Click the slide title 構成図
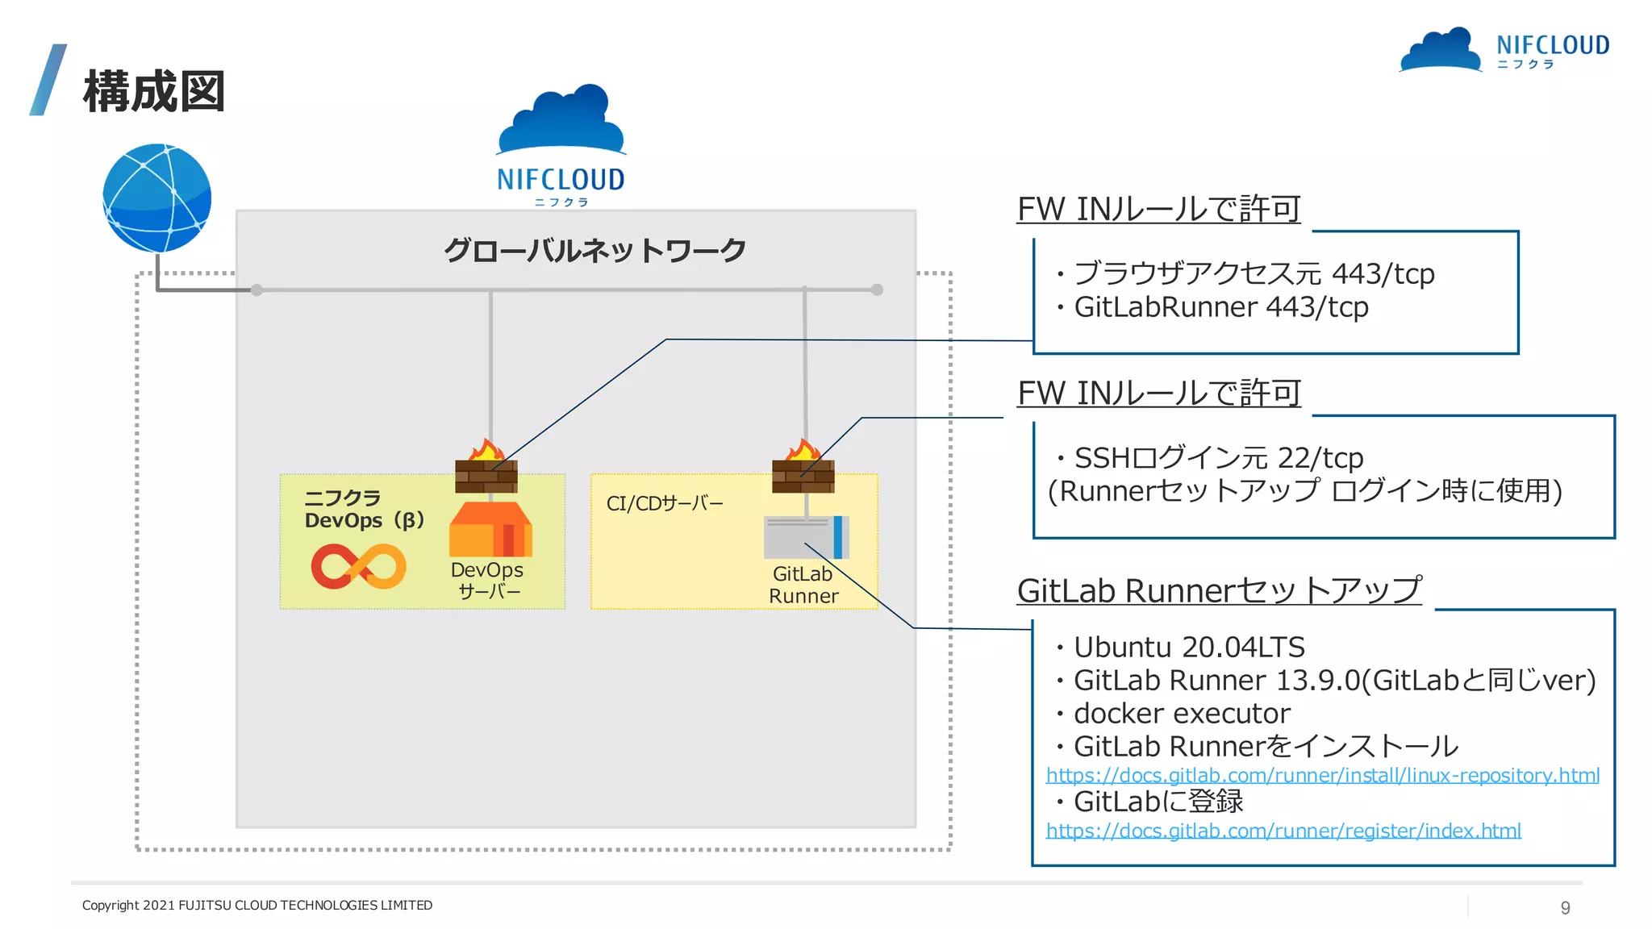point(153,92)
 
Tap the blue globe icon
point(157,198)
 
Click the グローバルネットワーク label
point(594,251)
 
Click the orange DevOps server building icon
point(490,530)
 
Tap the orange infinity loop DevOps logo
point(359,566)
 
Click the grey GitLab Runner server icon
point(806,537)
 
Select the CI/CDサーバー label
point(665,504)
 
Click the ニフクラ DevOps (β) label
point(364,510)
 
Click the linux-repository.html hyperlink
point(1322,776)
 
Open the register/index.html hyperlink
point(1283,831)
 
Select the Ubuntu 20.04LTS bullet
point(1188,648)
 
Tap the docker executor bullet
point(1181,714)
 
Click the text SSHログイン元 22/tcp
point(1218,458)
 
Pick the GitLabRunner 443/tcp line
point(1220,307)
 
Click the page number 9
point(1565,908)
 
